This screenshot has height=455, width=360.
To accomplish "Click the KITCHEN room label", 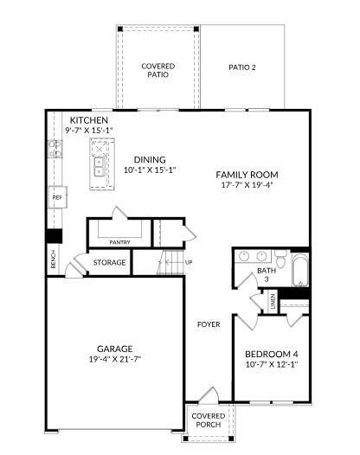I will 89,119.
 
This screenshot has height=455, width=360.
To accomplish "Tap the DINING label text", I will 150,159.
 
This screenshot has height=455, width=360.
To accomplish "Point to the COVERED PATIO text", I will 157,70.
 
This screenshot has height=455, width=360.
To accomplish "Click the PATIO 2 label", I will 242,67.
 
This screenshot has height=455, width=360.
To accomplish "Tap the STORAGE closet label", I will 110,262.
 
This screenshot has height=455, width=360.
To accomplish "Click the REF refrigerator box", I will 57,197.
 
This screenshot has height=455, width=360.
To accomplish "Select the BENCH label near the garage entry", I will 54,260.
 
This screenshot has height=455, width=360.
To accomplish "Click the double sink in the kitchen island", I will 99,165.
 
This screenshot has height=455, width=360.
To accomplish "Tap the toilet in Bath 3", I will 280,258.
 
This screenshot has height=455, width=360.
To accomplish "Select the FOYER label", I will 208,324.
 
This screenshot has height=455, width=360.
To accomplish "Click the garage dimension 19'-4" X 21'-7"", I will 115,359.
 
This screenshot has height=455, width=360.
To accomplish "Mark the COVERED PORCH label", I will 207,421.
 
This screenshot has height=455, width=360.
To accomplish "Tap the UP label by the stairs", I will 189,262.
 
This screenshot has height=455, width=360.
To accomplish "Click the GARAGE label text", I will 115,349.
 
